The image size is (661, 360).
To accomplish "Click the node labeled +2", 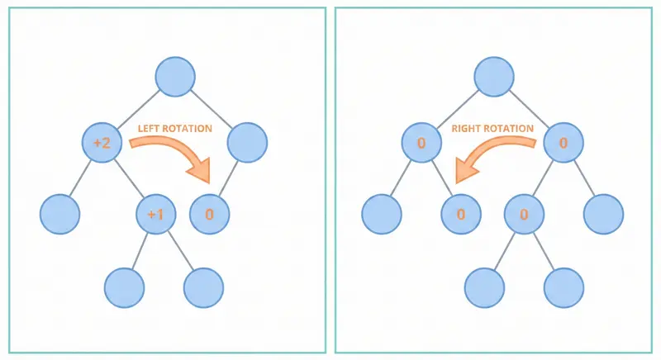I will click(102, 143).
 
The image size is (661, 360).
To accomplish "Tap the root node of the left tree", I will click(175, 77).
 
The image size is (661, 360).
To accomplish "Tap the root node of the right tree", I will click(494, 77).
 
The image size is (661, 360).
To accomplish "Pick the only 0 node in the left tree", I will click(209, 214).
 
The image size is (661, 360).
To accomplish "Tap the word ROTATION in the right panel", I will click(511, 129).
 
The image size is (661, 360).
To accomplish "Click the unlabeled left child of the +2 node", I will click(59, 214).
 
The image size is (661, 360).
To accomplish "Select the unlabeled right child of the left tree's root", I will click(247, 143).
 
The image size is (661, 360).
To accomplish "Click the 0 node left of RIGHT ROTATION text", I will click(421, 143).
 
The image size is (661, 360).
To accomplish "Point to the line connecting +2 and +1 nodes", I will click(130, 179).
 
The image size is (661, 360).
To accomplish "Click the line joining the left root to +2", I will click(139, 110).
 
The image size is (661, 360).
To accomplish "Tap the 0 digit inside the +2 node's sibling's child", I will click(209, 215).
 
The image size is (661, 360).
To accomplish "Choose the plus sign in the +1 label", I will click(150, 215).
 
